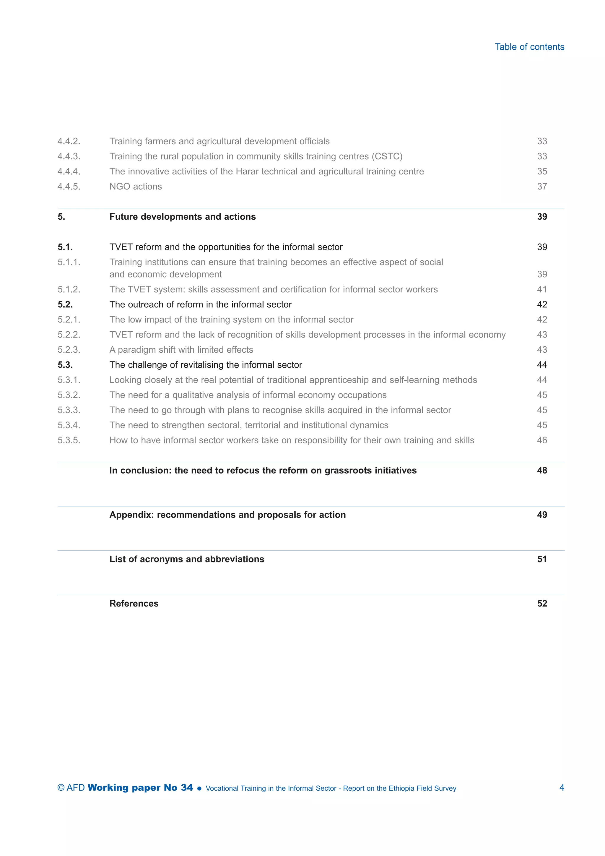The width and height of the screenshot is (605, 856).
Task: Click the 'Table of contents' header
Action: click(529, 47)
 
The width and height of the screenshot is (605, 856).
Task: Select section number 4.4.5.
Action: click(69, 187)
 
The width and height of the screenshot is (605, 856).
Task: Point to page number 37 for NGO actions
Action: click(542, 187)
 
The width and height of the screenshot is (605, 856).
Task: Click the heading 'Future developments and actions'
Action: click(183, 217)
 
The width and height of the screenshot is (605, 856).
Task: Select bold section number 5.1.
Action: click(65, 247)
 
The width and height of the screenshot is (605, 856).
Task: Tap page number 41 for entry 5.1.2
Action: click(542, 289)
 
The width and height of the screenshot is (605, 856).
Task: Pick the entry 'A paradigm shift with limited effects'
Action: click(181, 350)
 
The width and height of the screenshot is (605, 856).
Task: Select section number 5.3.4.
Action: click(69, 425)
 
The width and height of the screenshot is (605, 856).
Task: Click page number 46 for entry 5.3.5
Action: click(542, 440)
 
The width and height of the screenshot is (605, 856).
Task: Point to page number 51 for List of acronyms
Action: click(542, 559)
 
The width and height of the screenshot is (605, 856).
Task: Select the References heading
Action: click(134, 604)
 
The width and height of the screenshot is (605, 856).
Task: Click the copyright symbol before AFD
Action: click(61, 788)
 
